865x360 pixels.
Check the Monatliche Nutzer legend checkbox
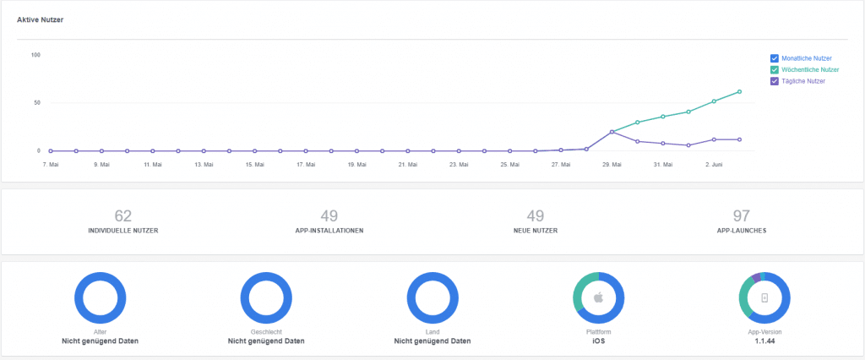(774, 57)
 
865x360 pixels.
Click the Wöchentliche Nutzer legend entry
(810, 69)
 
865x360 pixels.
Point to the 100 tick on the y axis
(35, 55)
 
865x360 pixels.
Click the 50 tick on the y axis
(36, 103)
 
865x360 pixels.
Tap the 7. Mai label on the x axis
(50, 165)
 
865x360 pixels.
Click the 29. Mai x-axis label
(612, 165)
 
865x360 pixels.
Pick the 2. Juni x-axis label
(714, 165)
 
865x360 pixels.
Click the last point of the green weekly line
(740, 91)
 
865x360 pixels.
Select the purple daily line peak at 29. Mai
(612, 132)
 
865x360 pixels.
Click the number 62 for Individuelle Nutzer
(122, 216)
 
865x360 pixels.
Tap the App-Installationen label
(329, 231)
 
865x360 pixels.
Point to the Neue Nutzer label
(536, 231)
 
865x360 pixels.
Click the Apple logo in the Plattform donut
(598, 298)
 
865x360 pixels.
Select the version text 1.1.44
(764, 341)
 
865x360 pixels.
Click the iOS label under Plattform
(598, 341)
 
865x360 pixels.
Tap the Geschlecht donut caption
(266, 333)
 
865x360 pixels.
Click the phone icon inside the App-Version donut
(764, 298)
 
